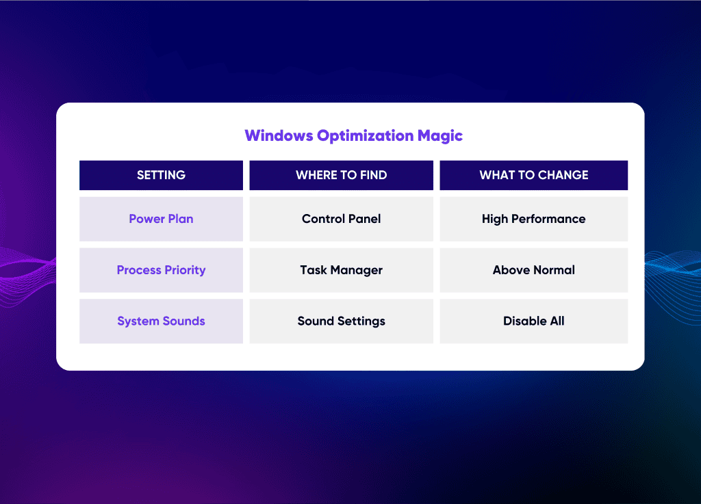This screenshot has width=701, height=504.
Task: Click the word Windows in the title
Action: coord(279,135)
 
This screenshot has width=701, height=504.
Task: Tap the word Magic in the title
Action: coord(440,135)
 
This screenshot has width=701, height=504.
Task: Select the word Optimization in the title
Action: coord(366,136)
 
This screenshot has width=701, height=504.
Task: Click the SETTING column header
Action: coord(161,175)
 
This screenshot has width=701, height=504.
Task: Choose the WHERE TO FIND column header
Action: coord(341,175)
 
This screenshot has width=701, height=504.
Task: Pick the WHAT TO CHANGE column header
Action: coord(534,175)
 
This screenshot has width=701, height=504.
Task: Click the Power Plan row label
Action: coord(161,219)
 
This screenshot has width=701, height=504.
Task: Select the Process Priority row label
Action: coord(161,270)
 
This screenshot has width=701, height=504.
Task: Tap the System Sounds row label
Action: coord(161,321)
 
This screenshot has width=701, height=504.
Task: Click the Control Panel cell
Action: coord(341,219)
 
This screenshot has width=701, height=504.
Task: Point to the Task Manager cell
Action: coord(341,270)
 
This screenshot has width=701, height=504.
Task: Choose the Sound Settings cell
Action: coord(341,321)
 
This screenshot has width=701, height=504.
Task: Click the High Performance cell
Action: coord(534,219)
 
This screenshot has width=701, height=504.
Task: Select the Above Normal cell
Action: coord(534,270)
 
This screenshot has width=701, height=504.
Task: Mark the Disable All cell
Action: coord(534,321)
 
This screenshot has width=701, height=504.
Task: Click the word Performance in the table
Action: coord(548,219)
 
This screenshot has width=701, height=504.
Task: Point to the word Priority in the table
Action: coord(185,270)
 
